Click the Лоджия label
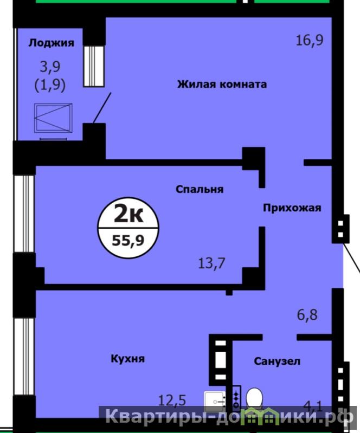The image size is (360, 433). [52, 43]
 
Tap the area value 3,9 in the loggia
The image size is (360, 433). [50, 67]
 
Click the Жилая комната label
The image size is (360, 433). [222, 84]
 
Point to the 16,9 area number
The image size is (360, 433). [310, 40]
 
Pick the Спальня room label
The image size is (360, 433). [200, 190]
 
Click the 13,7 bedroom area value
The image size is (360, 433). [211, 263]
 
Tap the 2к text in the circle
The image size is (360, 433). [128, 214]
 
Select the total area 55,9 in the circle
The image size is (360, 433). [128, 241]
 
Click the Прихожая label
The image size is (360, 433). [292, 208]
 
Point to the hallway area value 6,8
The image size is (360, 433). [307, 315]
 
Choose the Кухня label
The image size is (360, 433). [127, 359]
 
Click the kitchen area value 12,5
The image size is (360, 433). [172, 400]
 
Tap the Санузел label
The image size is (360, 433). [277, 361]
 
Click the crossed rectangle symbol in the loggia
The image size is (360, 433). [53, 118]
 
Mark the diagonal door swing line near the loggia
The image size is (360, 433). [102, 108]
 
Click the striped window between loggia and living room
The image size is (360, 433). [94, 66]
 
